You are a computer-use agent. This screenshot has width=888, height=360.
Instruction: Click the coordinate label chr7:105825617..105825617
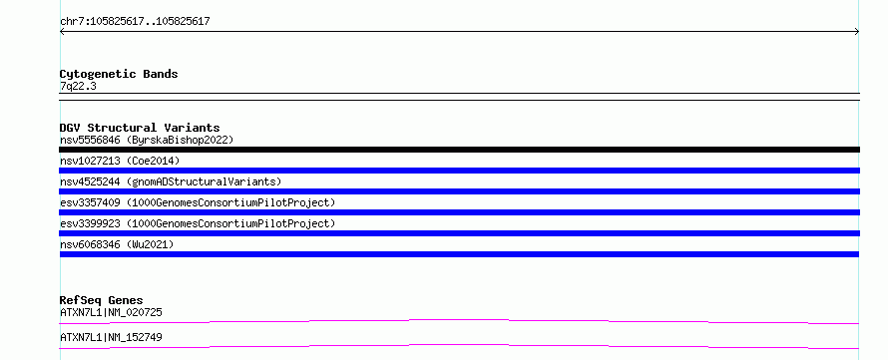click(x=135, y=22)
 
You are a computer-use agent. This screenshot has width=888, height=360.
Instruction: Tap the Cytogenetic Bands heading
click(x=119, y=74)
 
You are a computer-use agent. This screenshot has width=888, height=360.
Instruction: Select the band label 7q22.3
click(x=78, y=86)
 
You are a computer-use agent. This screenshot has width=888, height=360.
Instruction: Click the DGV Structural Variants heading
click(x=140, y=128)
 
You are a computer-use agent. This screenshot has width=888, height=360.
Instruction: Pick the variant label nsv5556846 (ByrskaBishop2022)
click(x=147, y=140)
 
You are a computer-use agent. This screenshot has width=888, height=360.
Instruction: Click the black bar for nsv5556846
click(x=459, y=150)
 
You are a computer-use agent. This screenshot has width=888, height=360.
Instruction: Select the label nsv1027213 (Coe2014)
click(x=120, y=161)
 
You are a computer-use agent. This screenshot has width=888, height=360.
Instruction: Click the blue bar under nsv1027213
click(x=459, y=171)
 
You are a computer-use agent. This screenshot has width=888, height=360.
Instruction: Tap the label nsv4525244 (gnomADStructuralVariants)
click(x=171, y=181)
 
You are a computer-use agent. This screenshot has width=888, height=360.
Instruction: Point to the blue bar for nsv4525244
click(x=459, y=191)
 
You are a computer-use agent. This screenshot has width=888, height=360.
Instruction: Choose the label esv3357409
click(x=90, y=202)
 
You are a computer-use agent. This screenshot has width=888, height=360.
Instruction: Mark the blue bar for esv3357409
click(x=459, y=212)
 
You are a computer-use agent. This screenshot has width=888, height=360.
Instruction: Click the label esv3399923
click(x=90, y=223)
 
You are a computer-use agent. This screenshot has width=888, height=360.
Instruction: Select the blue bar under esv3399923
click(x=459, y=233)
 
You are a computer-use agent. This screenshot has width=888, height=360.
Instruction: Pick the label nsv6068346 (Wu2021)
click(x=117, y=244)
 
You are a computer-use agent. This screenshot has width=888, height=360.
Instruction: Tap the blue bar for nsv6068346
click(x=459, y=254)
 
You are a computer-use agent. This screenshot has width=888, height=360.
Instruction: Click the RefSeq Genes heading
click(x=102, y=300)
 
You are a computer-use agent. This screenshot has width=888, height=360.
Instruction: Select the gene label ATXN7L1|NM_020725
click(x=112, y=312)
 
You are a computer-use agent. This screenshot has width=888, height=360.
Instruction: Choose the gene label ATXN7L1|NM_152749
click(x=111, y=337)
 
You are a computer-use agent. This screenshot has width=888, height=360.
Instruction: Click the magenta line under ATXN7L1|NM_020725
click(x=459, y=320)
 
